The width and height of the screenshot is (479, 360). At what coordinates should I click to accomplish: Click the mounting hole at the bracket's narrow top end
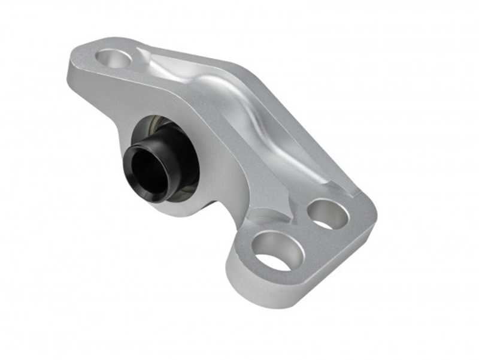[x=114, y=58]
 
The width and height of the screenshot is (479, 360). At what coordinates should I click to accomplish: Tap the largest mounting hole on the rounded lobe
[x=274, y=250]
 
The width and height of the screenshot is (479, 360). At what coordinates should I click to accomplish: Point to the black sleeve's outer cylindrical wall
[x=165, y=152]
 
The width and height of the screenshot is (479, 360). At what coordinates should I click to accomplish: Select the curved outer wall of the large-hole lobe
[x=239, y=282]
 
